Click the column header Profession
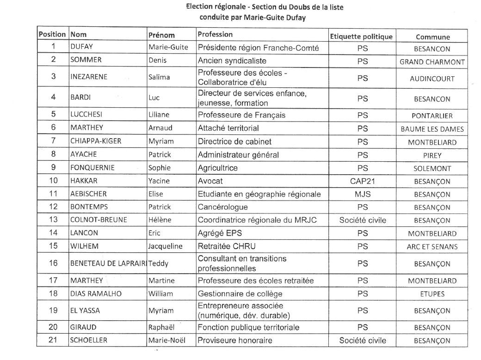click(x=215, y=34)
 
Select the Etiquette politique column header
click(x=361, y=37)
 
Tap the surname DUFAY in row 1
click(x=82, y=47)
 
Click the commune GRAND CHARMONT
click(x=432, y=61)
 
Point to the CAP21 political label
click(x=363, y=181)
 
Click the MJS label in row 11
click(x=363, y=194)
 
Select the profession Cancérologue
click(x=222, y=207)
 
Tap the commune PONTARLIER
click(x=432, y=116)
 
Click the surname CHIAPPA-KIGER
click(x=95, y=142)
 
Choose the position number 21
click(x=54, y=341)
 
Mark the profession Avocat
click(x=210, y=181)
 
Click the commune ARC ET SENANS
click(x=432, y=246)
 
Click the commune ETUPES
click(x=432, y=294)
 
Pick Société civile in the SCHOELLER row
click(x=363, y=341)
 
